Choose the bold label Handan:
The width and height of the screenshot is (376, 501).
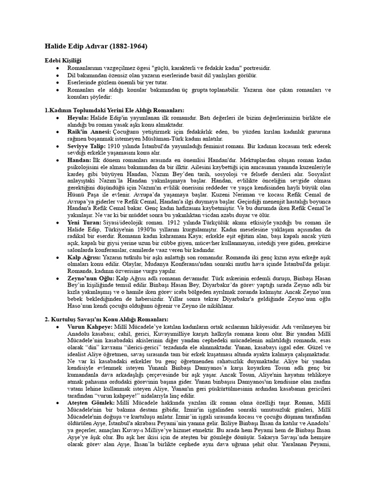point(79,160)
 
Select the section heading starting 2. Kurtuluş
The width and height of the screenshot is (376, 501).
point(100,319)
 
